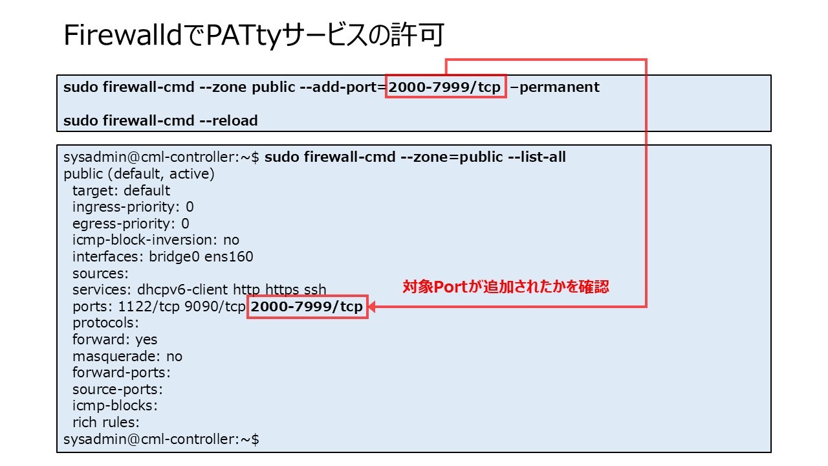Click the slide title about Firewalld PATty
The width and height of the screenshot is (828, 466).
tap(253, 36)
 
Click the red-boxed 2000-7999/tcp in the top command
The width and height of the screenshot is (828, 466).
tap(445, 87)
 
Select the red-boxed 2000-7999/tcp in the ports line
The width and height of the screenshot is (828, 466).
tap(307, 307)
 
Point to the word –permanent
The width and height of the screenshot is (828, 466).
tap(554, 87)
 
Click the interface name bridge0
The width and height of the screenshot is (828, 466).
tap(175, 257)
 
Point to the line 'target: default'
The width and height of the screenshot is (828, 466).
tap(121, 191)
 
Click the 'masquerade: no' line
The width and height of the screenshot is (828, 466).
tap(127, 357)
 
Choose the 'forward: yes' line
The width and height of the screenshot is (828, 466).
tap(114, 340)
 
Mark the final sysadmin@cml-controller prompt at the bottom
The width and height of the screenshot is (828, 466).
tap(161, 439)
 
